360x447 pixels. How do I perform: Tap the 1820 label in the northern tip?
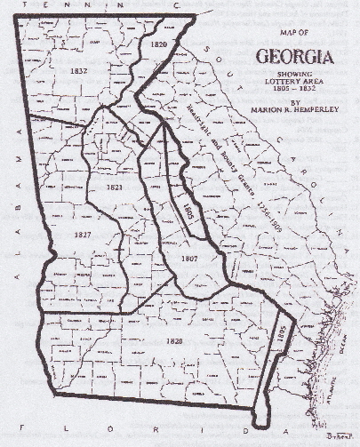[158, 44]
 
